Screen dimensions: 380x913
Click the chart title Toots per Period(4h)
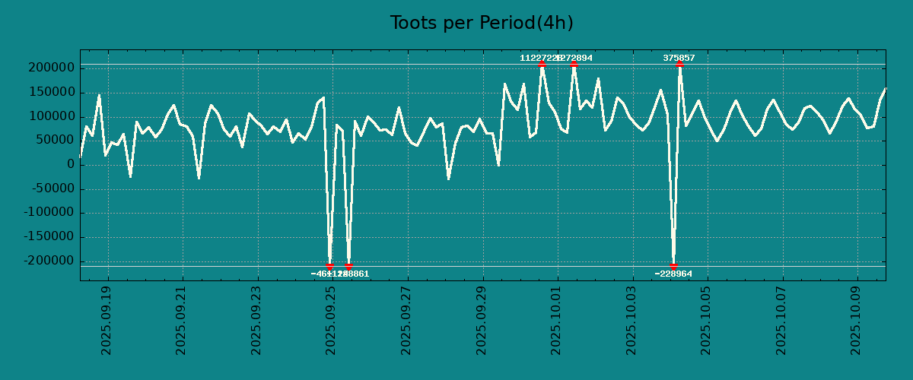click(x=481, y=23)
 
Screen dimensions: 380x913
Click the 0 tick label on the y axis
click(x=70, y=165)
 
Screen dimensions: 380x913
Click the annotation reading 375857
click(x=679, y=58)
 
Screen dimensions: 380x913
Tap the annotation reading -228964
click(x=673, y=274)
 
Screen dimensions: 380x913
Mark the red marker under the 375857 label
click(x=679, y=65)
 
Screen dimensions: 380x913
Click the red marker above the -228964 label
click(x=673, y=266)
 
